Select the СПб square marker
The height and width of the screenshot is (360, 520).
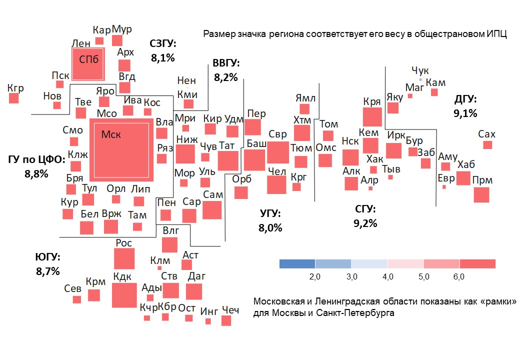click(x=88, y=63)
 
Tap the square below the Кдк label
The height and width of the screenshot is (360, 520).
click(x=124, y=295)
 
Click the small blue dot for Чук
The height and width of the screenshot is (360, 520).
click(x=420, y=79)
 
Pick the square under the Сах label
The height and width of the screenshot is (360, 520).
click(x=487, y=144)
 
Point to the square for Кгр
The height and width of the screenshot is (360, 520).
click(x=14, y=98)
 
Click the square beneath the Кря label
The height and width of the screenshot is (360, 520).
click(x=372, y=116)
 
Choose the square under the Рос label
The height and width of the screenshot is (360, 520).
click(x=124, y=258)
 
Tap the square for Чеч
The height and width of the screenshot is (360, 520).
click(x=226, y=320)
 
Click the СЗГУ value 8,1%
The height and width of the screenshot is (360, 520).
click(x=163, y=58)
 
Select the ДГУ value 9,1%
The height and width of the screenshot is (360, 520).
click(x=465, y=113)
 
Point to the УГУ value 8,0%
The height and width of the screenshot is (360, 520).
click(x=270, y=228)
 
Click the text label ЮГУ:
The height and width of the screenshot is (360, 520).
click(x=47, y=257)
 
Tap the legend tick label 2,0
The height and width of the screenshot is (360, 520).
click(x=315, y=276)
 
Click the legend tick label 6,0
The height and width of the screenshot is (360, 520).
click(x=459, y=276)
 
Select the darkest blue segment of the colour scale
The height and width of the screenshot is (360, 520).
click(x=297, y=263)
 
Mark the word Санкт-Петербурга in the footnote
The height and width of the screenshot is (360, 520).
click(x=356, y=313)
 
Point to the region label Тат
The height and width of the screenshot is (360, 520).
click(x=227, y=145)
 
